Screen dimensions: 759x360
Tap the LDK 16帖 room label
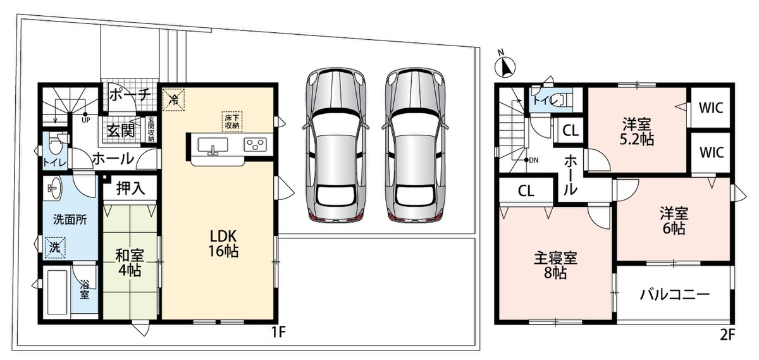click(223, 243)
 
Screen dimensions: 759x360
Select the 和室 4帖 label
click(130, 263)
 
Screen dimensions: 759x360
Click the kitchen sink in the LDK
click(213, 146)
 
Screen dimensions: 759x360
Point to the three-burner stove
click(255, 145)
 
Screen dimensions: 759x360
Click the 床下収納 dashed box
click(232, 121)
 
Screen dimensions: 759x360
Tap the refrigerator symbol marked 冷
click(173, 100)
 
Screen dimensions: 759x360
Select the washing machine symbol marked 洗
click(54, 248)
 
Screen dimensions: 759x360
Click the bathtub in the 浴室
click(58, 292)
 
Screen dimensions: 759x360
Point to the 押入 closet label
click(131, 188)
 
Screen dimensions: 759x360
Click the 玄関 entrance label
click(121, 130)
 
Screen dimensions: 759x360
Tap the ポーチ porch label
click(130, 95)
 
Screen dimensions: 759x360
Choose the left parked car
click(335, 145)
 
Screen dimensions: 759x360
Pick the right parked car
click(415, 145)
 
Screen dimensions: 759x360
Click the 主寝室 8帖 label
click(556, 265)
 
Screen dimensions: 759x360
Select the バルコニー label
click(674, 295)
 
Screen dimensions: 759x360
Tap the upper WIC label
click(711, 108)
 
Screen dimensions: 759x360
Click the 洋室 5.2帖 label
click(637, 132)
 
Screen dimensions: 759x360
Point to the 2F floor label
click(727, 335)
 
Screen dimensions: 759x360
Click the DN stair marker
click(531, 160)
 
